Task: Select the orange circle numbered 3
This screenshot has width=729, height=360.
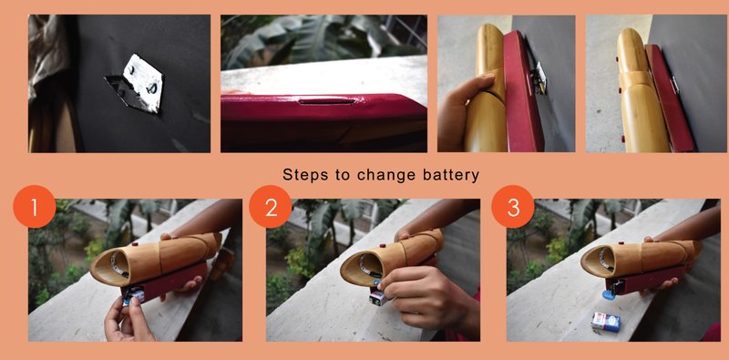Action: pos(513,209)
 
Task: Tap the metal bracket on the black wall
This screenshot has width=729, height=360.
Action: pos(142,85)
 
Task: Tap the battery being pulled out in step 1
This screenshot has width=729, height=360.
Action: pos(133,293)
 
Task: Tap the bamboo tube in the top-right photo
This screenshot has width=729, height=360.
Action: pos(631,91)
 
